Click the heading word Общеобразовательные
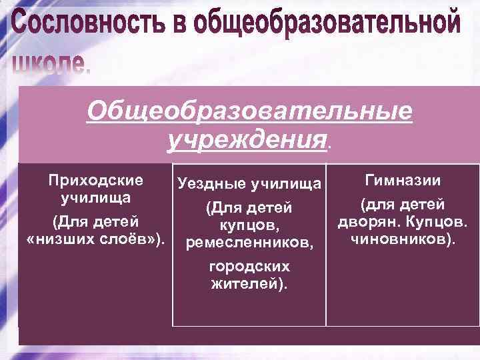pyautogui.click(x=249, y=111)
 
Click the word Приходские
pyautogui.click(x=95, y=180)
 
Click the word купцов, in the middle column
pyautogui.click(x=249, y=227)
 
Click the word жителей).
pyautogui.click(x=249, y=284)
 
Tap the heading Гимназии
pyautogui.click(x=402, y=180)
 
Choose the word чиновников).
pyautogui.click(x=402, y=238)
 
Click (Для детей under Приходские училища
pyautogui.click(x=95, y=221)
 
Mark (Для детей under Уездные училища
pyautogui.click(x=249, y=209)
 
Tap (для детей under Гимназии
pyautogui.click(x=402, y=205)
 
